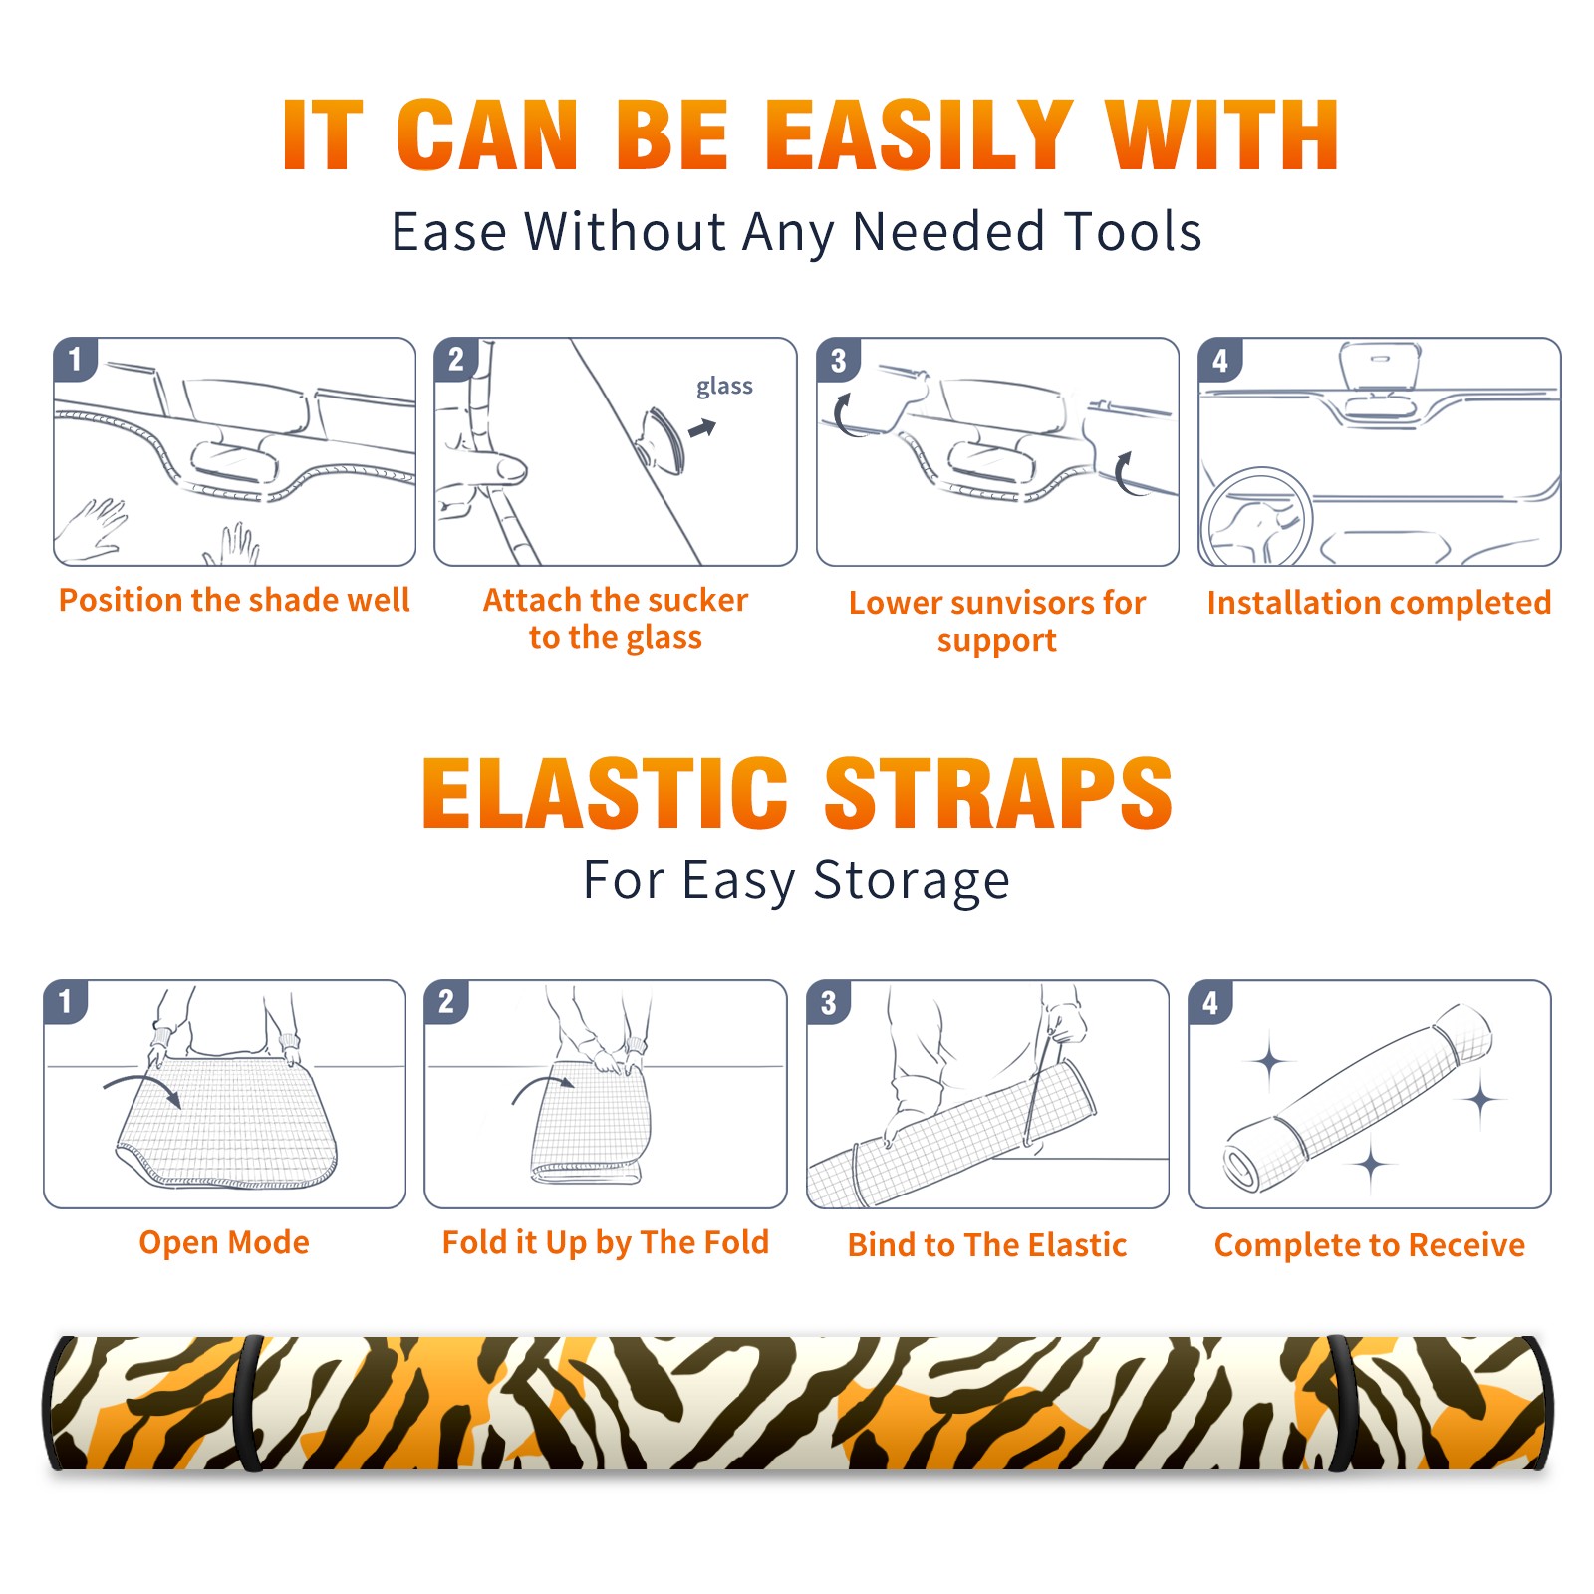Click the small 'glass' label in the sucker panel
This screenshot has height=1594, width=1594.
tap(724, 387)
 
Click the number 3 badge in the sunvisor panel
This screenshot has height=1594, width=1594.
tap(838, 360)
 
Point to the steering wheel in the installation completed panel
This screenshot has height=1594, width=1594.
tap(1256, 517)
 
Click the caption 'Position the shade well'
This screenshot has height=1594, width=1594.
tap(234, 600)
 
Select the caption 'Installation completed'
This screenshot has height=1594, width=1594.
tap(1379, 603)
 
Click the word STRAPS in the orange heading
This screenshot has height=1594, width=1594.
tap(998, 793)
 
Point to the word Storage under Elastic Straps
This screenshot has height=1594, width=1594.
tap(912, 882)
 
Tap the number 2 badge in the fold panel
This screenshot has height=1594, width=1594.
tap(445, 1001)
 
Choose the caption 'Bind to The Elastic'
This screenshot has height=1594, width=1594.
tap(987, 1245)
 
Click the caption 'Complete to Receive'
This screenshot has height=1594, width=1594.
tap(1370, 1245)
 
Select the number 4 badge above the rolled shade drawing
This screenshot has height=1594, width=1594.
tap(1209, 1002)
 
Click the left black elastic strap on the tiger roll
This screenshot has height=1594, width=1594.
tap(250, 1403)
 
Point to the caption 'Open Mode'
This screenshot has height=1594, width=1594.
tap(224, 1242)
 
